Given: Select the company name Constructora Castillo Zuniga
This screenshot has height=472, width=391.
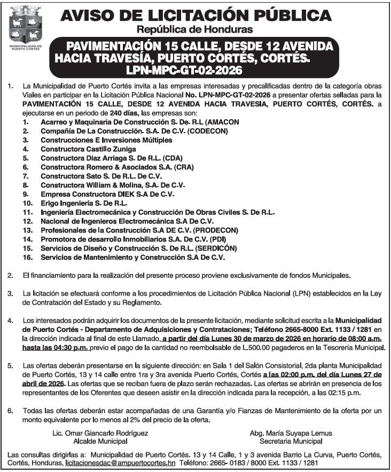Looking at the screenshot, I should click(x=88, y=149).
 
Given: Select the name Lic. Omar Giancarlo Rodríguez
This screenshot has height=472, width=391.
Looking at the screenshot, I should click(x=100, y=433).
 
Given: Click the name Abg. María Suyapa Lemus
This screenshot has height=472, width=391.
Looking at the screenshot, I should click(x=291, y=433).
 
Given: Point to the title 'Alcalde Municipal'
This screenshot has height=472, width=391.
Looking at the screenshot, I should click(x=100, y=442).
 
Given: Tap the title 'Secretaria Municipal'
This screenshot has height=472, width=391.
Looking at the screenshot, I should click(x=291, y=442).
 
